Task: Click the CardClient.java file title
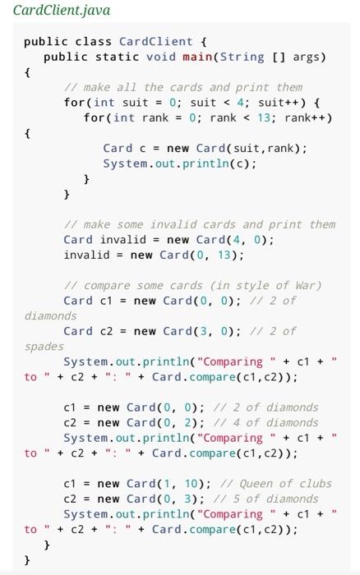[62, 10]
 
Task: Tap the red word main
[197, 57]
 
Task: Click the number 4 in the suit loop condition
[241, 103]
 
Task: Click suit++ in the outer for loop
[279, 103]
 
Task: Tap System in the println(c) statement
[125, 163]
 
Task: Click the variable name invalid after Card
[123, 240]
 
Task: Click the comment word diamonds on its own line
[51, 315]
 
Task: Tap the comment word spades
[44, 347]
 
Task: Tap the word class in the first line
[93, 41]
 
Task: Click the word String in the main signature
[242, 57]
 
